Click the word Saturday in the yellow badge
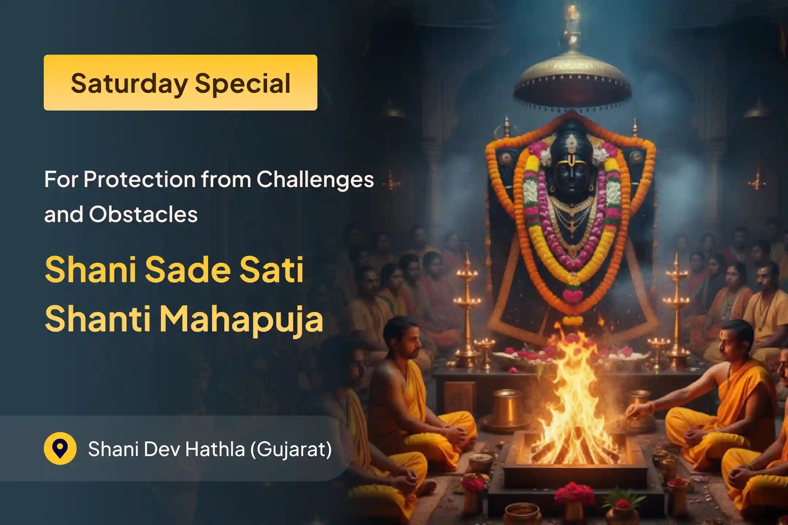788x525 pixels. (130, 83)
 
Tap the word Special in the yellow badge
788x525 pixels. (243, 83)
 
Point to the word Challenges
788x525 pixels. (315, 179)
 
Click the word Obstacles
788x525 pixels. (143, 214)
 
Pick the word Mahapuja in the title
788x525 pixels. (241, 319)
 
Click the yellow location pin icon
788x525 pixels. (60, 448)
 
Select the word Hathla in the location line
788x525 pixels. (215, 449)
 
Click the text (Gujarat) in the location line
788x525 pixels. (291, 449)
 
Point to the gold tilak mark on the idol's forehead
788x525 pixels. (571, 159)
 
